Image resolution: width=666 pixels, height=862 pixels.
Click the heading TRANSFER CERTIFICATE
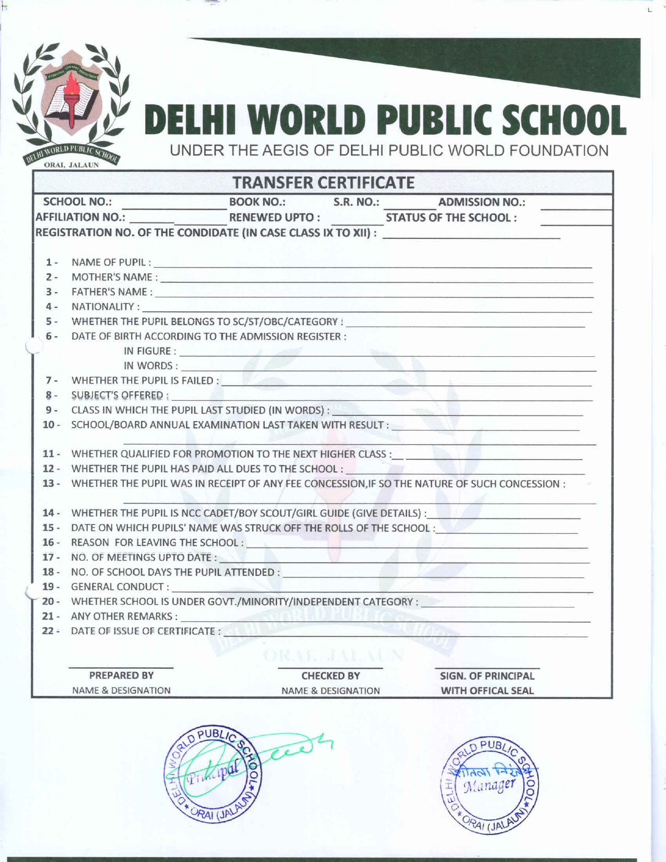(323, 183)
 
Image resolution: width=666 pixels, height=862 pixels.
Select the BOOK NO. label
(257, 202)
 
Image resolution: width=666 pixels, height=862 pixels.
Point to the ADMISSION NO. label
(481, 203)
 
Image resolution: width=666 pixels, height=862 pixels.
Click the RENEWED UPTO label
(275, 217)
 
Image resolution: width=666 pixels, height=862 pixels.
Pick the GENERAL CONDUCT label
(120, 587)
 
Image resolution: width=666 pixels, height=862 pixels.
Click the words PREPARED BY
(121, 675)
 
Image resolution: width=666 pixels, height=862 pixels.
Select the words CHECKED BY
(331, 675)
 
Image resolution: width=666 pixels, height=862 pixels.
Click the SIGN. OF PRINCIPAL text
(487, 676)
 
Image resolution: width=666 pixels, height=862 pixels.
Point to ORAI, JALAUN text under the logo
(72, 167)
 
